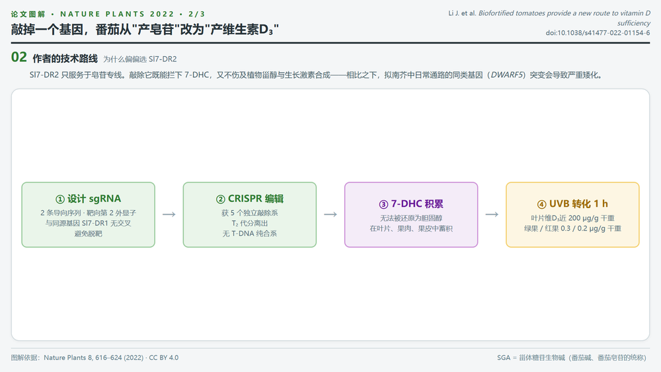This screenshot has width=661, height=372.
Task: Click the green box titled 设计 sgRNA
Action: [88, 215]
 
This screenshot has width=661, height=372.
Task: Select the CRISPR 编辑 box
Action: [250, 215]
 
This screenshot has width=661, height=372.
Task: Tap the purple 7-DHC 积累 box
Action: [411, 215]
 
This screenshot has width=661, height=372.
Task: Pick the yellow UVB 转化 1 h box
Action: [572, 215]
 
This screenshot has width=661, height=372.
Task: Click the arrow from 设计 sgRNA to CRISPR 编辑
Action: [169, 215]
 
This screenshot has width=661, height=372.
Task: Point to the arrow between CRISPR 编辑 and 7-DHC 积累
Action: [330, 215]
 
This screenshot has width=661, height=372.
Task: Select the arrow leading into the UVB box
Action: [492, 215]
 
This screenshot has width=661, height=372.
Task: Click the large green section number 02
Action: [19, 57]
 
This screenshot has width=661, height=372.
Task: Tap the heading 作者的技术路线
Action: [65, 59]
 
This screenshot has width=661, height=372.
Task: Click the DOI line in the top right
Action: [598, 33]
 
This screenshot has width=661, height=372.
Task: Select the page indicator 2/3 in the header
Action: [197, 14]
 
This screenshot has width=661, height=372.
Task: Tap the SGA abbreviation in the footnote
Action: [504, 357]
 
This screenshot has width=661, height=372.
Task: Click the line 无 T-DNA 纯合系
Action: [250, 233]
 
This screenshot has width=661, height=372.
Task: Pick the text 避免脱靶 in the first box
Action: [88, 233]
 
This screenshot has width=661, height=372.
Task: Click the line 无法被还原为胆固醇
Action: [411, 218]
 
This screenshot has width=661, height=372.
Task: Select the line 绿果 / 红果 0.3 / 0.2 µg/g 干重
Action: [572, 229]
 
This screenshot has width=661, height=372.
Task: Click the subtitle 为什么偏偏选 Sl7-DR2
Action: [140, 59]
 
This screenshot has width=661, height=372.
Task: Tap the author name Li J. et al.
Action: [462, 13]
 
